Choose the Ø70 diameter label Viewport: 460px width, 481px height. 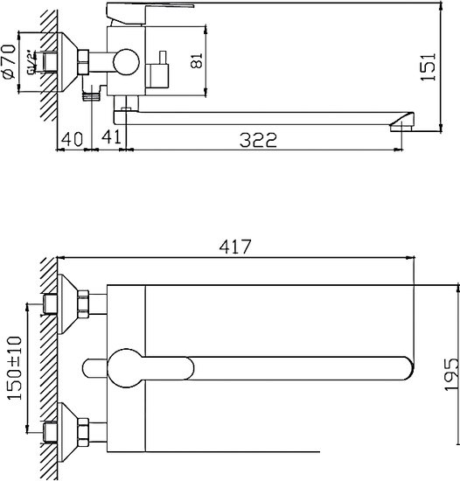tap(10, 61)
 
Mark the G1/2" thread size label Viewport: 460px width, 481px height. tap(31, 62)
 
